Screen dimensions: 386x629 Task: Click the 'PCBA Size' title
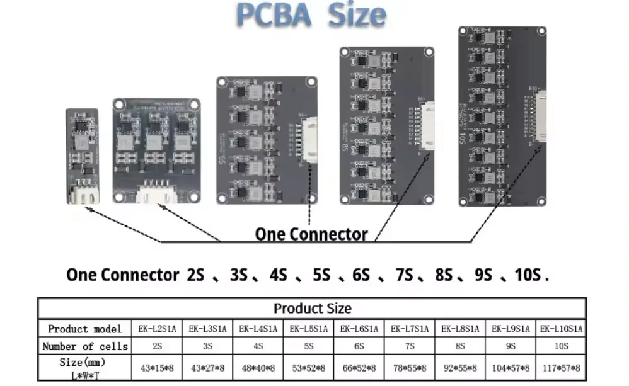tap(311, 15)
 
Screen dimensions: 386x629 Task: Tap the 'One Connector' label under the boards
tap(311, 234)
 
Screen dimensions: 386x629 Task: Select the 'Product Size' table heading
tap(312, 309)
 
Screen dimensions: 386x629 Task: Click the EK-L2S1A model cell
tap(157, 329)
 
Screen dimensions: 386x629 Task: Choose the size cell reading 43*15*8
tap(157, 368)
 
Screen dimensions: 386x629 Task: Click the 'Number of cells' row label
tap(85, 346)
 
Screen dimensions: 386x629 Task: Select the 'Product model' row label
tap(85, 329)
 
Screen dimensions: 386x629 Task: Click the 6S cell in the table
tap(359, 346)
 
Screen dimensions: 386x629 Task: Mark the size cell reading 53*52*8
tap(308, 368)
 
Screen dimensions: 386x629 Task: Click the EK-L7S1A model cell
tap(410, 329)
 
